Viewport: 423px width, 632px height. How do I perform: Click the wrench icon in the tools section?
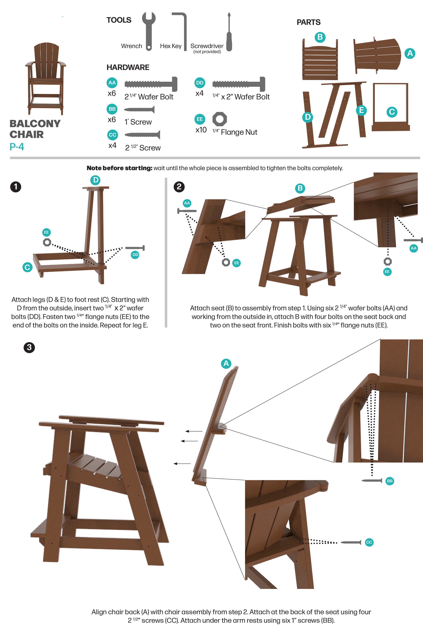click(x=149, y=31)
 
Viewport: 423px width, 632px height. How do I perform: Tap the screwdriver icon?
click(x=229, y=32)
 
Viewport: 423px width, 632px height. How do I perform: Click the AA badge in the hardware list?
click(x=112, y=83)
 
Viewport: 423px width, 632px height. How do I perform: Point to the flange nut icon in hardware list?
click(x=220, y=119)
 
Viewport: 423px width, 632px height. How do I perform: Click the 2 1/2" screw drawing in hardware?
click(x=142, y=135)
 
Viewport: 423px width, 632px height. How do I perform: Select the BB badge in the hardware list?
click(x=112, y=109)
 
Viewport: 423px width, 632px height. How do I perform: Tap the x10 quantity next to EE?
click(x=201, y=130)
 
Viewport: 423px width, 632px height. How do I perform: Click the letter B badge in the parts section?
click(x=320, y=37)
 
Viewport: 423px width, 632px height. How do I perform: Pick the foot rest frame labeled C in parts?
click(x=391, y=107)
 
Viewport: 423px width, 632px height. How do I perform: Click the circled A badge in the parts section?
click(x=410, y=53)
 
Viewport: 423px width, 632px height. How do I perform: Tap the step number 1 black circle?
click(x=16, y=187)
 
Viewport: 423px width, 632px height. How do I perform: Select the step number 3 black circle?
click(x=29, y=347)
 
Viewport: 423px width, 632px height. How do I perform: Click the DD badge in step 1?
click(x=135, y=255)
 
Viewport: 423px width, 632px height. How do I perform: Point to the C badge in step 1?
click(x=27, y=267)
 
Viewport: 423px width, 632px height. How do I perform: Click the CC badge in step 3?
click(x=369, y=542)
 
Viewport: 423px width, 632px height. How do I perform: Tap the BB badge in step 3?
click(x=390, y=481)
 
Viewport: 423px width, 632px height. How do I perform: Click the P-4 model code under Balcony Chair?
click(x=17, y=147)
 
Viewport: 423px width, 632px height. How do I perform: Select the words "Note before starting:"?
click(x=119, y=168)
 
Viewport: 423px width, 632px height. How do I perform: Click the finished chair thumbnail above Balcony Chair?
click(x=45, y=78)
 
